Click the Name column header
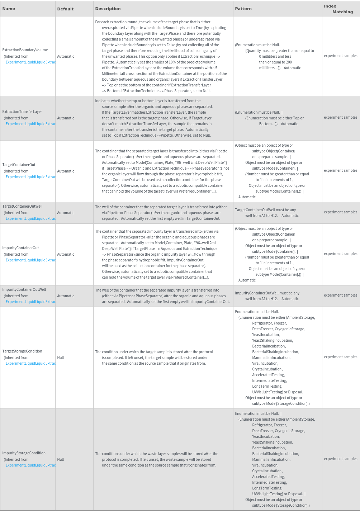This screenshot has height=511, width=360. click(9, 9)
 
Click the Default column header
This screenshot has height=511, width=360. click(65, 9)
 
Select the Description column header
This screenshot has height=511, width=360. click(108, 9)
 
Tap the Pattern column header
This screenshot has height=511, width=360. click(243, 9)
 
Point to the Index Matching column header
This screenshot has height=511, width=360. click(338, 9)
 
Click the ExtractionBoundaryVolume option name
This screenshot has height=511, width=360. click(25, 50)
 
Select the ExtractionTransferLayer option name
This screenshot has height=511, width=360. click(22, 112)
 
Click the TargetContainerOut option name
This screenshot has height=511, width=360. click(19, 165)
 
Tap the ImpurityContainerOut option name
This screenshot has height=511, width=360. click(20, 248)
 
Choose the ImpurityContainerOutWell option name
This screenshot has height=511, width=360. click(24, 289)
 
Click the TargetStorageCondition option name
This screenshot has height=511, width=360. click(22, 351)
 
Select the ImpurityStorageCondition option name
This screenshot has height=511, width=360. click(24, 453)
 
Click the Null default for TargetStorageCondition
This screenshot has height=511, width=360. click(61, 358)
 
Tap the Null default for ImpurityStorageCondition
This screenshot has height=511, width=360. click(61, 459)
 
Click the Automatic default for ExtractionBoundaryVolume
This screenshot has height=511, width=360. click(66, 56)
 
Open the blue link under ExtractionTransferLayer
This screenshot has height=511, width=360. click(30, 124)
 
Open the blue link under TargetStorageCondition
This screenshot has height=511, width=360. click(30, 363)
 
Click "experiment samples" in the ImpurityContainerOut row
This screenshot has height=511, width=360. click(340, 254)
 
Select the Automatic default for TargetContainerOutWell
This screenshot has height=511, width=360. click(66, 213)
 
